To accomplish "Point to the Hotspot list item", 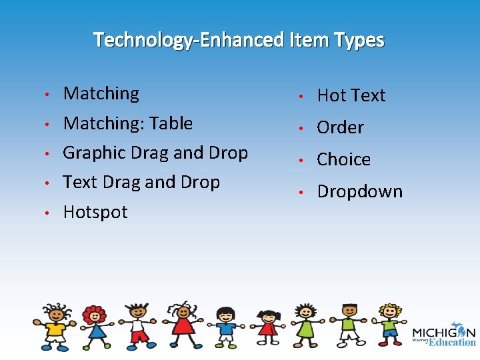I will tap(95, 212).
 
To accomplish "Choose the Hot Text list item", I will tap(351, 95).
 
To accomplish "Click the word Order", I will tap(340, 127).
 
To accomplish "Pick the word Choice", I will tap(343, 159).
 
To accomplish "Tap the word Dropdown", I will tap(359, 191).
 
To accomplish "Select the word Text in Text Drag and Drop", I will tap(80, 182).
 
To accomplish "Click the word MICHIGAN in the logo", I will tap(443, 333).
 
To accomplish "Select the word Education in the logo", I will tap(452, 342).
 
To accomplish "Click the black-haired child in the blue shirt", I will tap(226, 327).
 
